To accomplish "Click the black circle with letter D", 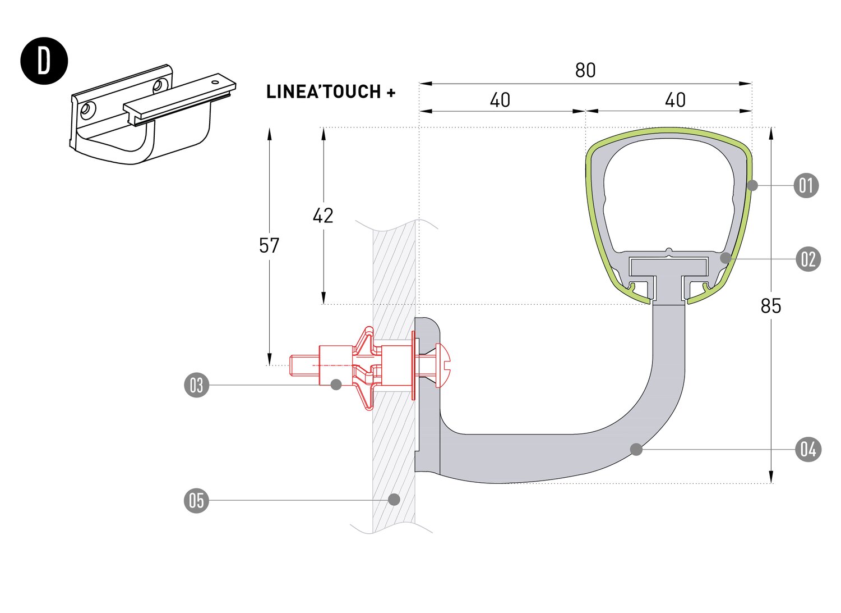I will tap(44, 61).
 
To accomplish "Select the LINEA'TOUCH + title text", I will tap(331, 92).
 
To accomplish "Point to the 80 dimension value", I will tap(585, 71).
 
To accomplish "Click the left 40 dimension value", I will tap(500, 100).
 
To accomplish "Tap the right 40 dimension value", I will tap(675, 100).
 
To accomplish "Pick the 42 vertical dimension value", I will tap(323, 216).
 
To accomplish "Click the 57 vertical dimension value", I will tap(269, 246).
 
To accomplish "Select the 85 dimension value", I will tap(771, 306).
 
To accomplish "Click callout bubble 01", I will tap(806, 185).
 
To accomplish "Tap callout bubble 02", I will tap(808, 259).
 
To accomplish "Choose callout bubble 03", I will tap(196, 386).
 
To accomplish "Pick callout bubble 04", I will tap(808, 449).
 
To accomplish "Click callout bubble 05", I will tap(196, 500).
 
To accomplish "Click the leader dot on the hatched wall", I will tap(394, 499).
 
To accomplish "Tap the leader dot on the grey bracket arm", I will tap(636, 449).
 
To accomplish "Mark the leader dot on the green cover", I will tap(753, 185).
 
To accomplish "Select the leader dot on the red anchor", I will tap(336, 385).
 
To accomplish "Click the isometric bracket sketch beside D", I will tap(151, 115).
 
